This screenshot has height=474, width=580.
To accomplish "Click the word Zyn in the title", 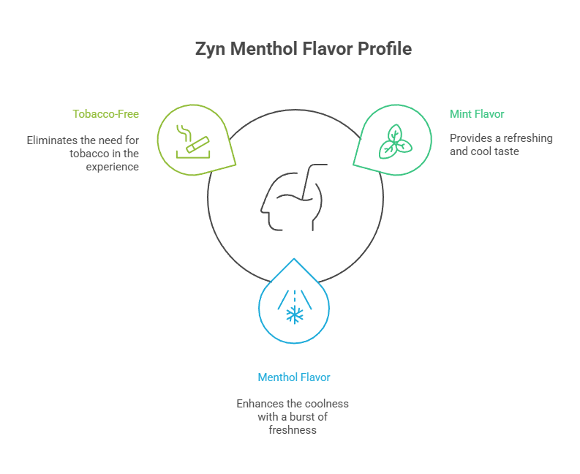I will tap(209, 50).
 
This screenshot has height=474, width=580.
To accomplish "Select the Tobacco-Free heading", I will tap(105, 114).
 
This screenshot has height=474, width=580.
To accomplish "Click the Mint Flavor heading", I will tap(476, 114).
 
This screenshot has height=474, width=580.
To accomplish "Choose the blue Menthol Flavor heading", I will tap(294, 377).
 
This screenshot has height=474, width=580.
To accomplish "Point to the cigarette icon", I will tap(192, 139).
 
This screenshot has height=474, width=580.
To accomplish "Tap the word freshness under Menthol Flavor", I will tap(292, 430).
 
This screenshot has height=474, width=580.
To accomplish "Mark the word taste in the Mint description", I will tap(505, 152).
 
